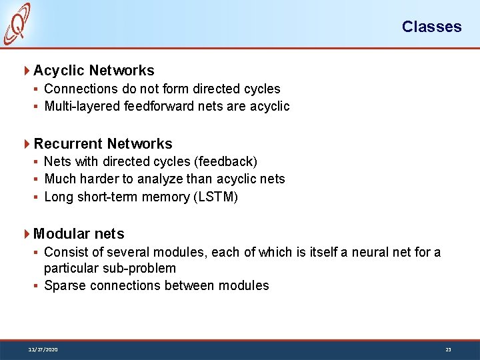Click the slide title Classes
(431, 27)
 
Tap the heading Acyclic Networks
(93, 71)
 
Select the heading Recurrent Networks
(103, 144)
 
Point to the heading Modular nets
(79, 234)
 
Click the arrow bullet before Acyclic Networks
(27, 71)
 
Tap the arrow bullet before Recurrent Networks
(27, 144)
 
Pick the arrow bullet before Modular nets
(27, 234)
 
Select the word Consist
(65, 252)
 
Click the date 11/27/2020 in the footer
(43, 349)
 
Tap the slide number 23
(448, 349)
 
